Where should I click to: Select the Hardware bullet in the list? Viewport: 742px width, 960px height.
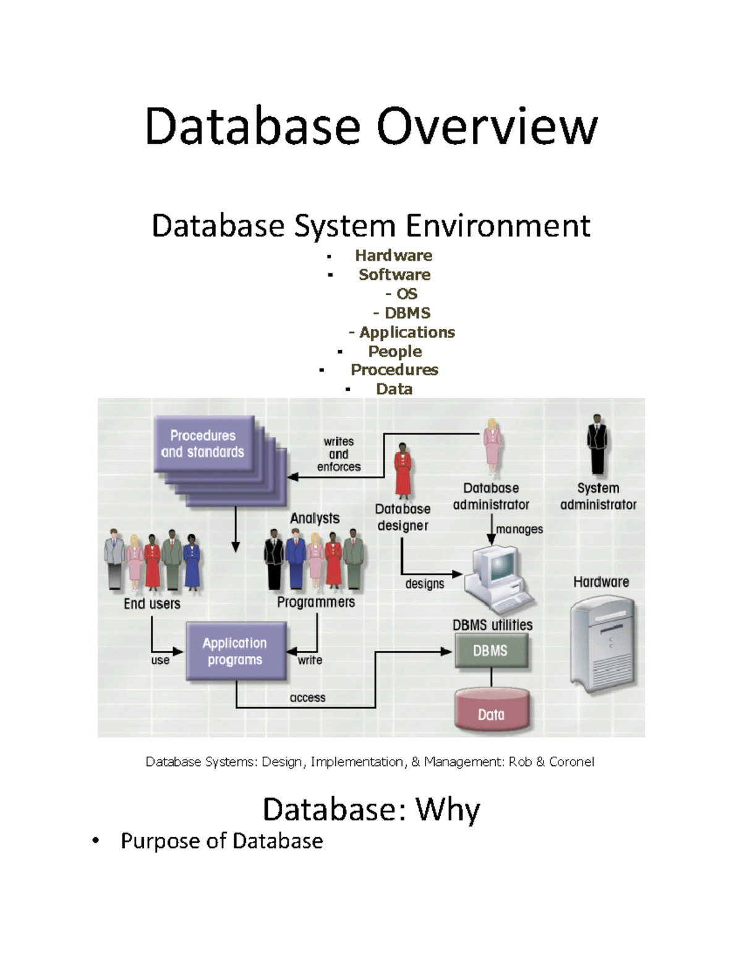tap(393, 255)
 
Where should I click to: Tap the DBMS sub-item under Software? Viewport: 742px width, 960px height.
tap(407, 313)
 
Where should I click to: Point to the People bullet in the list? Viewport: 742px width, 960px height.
tap(394, 351)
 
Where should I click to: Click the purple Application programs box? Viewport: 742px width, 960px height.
tap(236, 652)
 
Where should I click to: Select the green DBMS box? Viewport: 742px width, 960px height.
tap(491, 651)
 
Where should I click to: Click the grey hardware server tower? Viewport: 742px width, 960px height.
tap(603, 643)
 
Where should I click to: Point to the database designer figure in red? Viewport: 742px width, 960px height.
tap(403, 470)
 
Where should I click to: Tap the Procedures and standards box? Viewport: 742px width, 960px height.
tap(203, 444)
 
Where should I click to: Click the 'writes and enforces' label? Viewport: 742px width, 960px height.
tap(339, 454)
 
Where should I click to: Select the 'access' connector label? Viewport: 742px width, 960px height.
tap(307, 697)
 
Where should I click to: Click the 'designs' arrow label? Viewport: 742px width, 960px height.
tap(424, 584)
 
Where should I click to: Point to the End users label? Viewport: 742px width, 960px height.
tap(152, 603)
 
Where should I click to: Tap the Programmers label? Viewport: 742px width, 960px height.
tap(316, 602)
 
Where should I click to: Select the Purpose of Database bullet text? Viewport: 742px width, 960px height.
tap(221, 841)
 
